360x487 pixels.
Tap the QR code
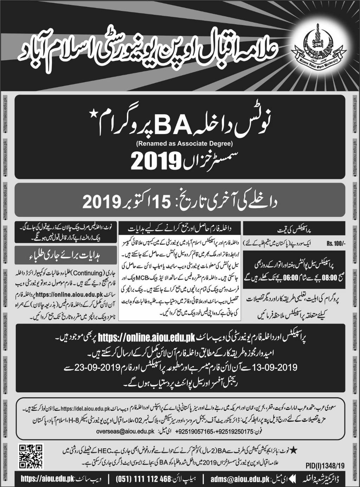[31, 456]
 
